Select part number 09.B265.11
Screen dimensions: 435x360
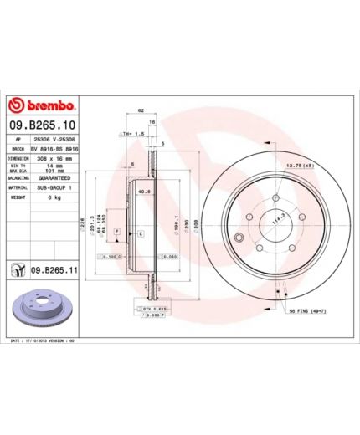coord(55,270)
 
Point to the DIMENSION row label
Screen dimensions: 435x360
coord(19,156)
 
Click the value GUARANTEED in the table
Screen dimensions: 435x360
coord(54,178)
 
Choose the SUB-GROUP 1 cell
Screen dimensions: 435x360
coord(54,187)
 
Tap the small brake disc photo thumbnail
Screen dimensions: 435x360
coord(41,309)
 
